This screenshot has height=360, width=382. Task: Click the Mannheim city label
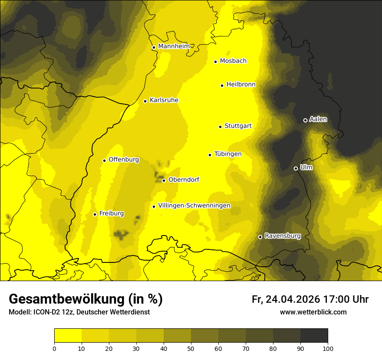174,46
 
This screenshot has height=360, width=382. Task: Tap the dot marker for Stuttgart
221,127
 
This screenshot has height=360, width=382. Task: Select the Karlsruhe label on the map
164,100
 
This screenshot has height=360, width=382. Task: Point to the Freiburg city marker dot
95,214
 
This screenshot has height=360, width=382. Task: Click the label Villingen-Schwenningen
194,206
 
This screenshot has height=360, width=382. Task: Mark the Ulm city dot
296,168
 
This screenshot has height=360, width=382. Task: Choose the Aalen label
318,119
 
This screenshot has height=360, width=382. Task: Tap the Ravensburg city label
283,236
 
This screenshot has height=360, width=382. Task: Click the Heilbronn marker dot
222,85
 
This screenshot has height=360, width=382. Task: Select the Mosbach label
233,61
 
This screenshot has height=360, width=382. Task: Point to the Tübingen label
228,154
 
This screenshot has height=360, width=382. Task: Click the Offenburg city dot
105,160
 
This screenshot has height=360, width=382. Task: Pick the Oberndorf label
184,180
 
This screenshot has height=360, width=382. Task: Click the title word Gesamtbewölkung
67,299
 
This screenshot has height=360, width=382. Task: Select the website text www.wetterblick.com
313,312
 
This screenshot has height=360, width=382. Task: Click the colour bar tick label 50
191,348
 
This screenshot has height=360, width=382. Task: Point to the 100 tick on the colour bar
328,348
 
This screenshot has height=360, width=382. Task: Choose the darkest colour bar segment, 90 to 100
314,336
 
